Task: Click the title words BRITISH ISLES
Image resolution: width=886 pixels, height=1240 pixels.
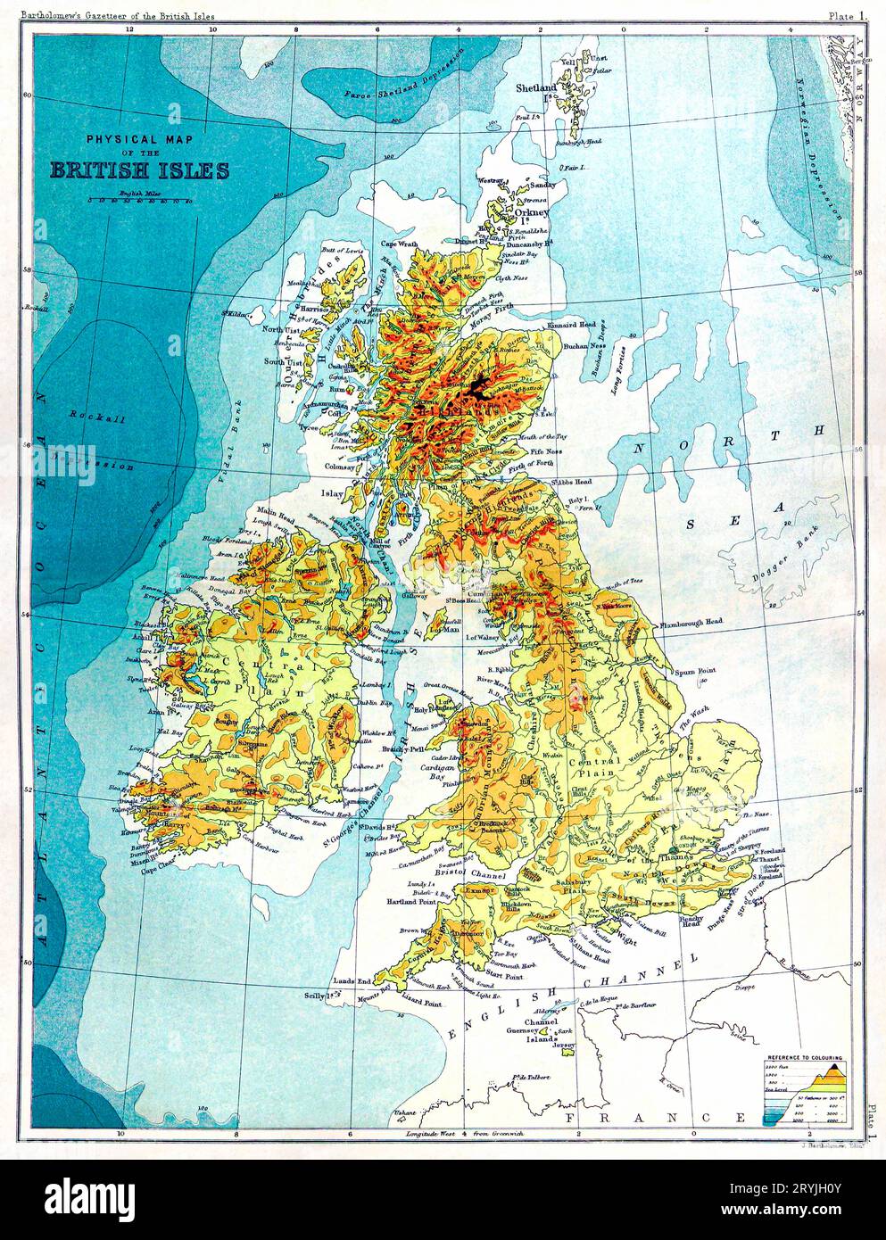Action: pyautogui.click(x=139, y=170)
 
